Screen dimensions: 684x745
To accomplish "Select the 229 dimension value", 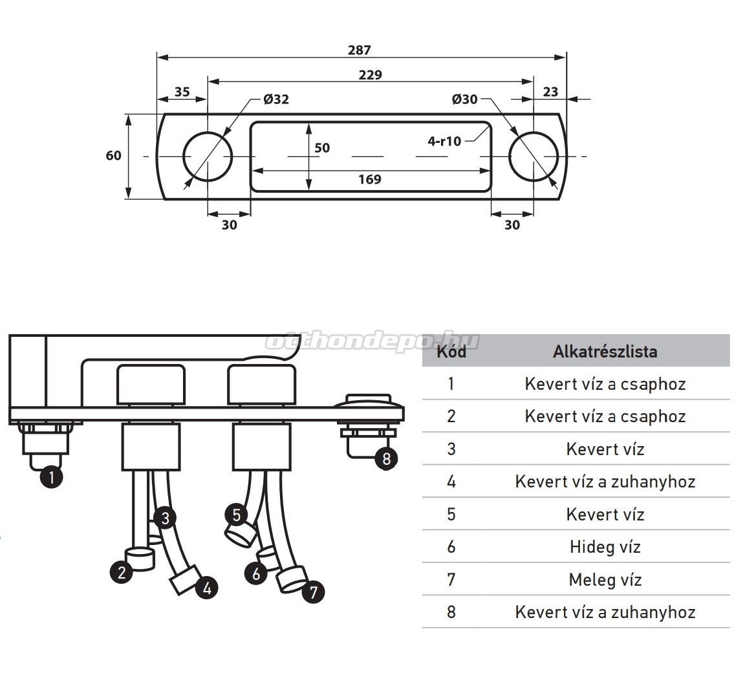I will [x=370, y=75].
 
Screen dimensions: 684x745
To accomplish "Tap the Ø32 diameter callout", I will [x=276, y=100].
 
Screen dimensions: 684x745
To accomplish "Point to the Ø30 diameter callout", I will [x=464, y=100].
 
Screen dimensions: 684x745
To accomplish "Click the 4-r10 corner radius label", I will [x=444, y=141].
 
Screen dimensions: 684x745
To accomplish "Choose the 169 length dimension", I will [x=369, y=179].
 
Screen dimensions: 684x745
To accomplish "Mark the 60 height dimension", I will [x=113, y=156].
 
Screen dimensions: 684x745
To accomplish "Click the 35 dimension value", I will [x=182, y=92].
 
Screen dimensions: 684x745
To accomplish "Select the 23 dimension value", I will [x=550, y=92].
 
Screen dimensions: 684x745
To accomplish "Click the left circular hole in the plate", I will [x=208, y=156].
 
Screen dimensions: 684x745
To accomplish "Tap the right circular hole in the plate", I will [x=534, y=156].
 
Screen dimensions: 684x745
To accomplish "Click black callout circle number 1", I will [x=51, y=478].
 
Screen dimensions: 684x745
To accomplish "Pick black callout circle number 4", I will [x=206, y=588].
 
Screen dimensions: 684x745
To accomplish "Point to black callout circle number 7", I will [x=313, y=592].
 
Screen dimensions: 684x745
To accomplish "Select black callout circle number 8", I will [x=386, y=459].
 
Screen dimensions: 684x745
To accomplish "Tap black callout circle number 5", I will [x=237, y=515].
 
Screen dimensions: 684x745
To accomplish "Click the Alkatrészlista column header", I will [x=605, y=352].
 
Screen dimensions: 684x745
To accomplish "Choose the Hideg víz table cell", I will [x=605, y=547].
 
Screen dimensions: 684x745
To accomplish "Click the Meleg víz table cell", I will [x=605, y=580].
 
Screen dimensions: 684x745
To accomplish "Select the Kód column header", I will [x=451, y=352].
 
